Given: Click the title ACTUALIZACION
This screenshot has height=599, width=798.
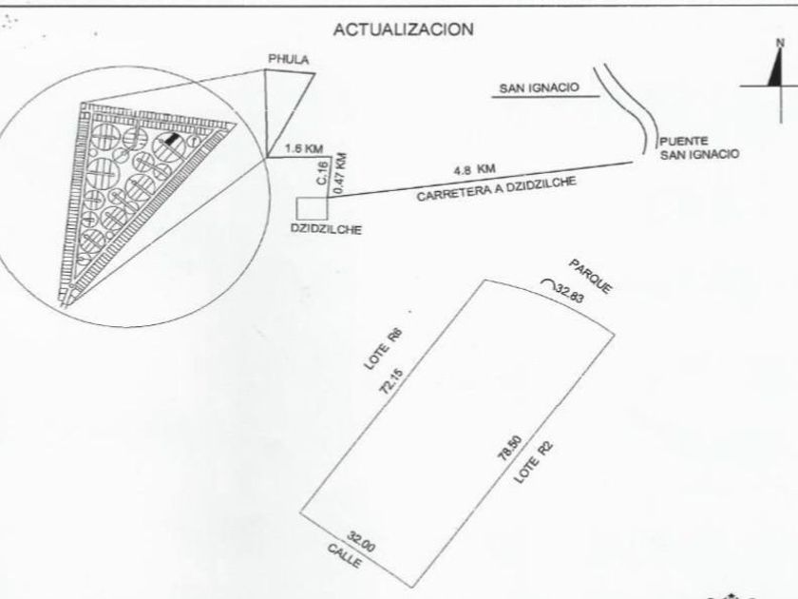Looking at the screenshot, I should point(403,29).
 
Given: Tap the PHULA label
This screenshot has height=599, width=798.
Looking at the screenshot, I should point(288,60).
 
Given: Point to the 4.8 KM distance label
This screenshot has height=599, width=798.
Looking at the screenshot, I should point(475,168).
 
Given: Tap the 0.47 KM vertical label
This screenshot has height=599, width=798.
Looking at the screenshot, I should point(341,173).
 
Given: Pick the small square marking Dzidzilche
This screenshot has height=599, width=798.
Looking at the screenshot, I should point(312,208).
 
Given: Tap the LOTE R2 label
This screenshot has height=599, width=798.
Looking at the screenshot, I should point(534,468).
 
